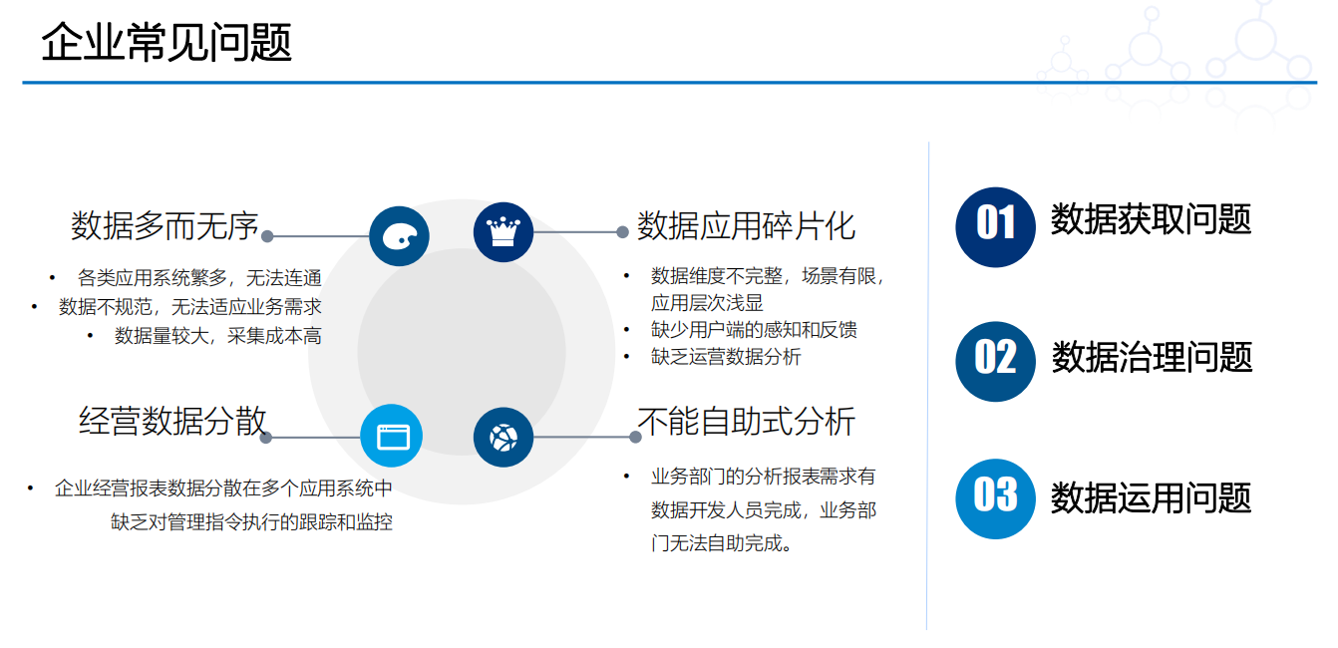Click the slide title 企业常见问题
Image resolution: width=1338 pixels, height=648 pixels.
click(x=167, y=42)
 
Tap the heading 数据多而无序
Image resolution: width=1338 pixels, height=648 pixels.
click(x=165, y=225)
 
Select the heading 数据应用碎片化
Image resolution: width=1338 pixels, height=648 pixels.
click(x=746, y=225)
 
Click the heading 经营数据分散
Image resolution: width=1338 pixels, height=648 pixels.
click(x=172, y=421)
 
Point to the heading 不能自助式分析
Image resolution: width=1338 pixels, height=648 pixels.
click(x=747, y=421)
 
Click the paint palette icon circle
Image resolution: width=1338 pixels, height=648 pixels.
click(x=399, y=236)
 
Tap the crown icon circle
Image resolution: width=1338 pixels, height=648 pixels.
click(x=502, y=232)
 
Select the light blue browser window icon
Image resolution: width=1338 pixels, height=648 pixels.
click(x=391, y=436)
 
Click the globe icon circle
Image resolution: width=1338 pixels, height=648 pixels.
click(x=502, y=438)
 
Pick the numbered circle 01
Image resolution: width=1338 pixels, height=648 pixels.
click(x=995, y=227)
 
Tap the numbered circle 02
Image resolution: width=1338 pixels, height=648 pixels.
click(x=995, y=361)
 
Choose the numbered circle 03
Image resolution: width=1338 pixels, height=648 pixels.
click(x=995, y=498)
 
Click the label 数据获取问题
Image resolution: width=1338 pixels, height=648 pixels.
click(x=1151, y=219)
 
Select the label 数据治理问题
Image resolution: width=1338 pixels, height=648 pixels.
click(x=1152, y=357)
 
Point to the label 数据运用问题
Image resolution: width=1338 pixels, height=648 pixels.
click(x=1151, y=497)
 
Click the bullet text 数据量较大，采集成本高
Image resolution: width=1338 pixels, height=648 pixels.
click(x=218, y=336)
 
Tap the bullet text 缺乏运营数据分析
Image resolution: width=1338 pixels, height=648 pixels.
click(x=726, y=357)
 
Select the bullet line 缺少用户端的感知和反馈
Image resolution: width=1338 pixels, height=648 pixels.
click(x=754, y=330)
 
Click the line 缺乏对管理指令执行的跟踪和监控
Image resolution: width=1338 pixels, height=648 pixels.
click(x=251, y=522)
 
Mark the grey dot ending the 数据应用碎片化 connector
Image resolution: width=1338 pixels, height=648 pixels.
click(x=622, y=232)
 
